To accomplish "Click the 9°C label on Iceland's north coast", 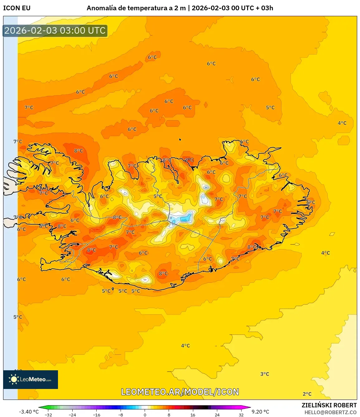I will (x=189, y=160).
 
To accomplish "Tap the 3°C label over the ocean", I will (x=265, y=374).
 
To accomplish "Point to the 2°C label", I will (x=307, y=394).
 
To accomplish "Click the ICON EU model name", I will (x=17, y=8).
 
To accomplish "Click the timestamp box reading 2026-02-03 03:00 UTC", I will (x=55, y=31).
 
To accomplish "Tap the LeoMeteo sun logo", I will (x=14, y=379).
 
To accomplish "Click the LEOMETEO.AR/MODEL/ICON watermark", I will (x=180, y=392).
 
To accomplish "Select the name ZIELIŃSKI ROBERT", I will (x=329, y=405).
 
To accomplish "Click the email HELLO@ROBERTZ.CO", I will (x=330, y=412).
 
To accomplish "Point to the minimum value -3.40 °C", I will (x=29, y=412).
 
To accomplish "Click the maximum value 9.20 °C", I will (x=260, y=412).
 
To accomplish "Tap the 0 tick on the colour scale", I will (x=145, y=415).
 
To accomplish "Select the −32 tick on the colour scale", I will (x=48, y=415).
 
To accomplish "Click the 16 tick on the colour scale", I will (x=193, y=415).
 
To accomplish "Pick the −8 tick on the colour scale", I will (x=121, y=415).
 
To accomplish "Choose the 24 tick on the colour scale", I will (x=217, y=415).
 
